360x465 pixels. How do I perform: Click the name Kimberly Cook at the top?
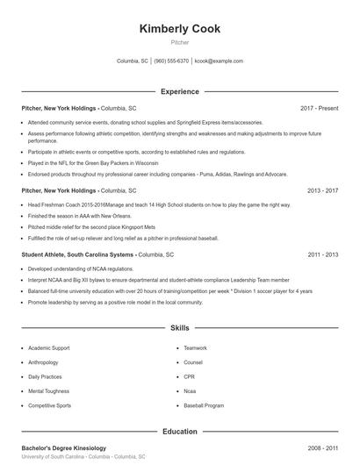tap(179, 29)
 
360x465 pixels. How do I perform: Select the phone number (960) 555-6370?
tap(171, 61)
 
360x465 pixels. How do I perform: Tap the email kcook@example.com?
tap(219, 61)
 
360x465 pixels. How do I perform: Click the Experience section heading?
tap(179, 91)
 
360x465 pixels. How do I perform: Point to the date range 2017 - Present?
tap(319, 108)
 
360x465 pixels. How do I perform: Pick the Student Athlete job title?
tap(52, 254)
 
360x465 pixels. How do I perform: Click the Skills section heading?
tap(179, 328)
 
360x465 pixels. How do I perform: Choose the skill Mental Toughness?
tap(47, 391)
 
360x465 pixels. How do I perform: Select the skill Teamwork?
tap(195, 348)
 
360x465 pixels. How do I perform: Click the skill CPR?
tap(190, 377)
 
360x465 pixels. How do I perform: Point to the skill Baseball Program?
tap(204, 406)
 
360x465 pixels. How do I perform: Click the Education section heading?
tap(179, 432)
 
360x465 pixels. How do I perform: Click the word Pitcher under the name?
tap(179, 41)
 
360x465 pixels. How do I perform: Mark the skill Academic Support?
tap(48, 348)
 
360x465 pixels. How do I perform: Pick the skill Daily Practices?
tap(45, 377)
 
